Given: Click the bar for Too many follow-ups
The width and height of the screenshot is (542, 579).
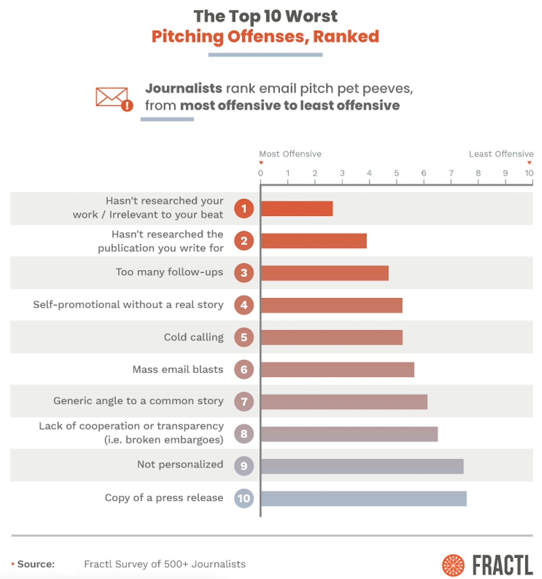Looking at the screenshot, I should click(325, 273).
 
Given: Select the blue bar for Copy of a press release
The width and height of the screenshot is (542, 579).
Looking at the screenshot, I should click(364, 499).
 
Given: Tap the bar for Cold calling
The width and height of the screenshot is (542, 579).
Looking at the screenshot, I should click(332, 337).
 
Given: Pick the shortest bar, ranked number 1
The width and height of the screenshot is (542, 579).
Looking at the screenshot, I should click(297, 209).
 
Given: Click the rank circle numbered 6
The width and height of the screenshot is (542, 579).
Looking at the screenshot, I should click(244, 370).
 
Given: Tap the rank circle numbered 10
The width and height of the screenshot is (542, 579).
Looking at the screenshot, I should click(244, 499).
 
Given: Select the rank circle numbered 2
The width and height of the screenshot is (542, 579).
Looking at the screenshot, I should click(244, 241).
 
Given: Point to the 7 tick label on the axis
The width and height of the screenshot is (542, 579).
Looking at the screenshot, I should click(451, 173).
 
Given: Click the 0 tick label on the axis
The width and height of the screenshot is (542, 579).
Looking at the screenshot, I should click(260, 173).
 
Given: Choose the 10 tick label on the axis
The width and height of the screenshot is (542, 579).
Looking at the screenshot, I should click(529, 173).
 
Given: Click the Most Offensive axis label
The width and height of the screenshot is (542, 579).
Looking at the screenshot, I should click(290, 154).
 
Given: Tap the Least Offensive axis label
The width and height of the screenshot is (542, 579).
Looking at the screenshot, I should click(501, 154).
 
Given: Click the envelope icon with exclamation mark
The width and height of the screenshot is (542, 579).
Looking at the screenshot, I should click(114, 98).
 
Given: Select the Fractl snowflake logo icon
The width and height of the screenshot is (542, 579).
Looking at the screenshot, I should click(453, 565).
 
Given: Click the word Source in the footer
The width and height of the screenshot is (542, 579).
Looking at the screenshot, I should click(36, 564).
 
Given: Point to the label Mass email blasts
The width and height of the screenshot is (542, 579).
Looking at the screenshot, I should click(178, 370).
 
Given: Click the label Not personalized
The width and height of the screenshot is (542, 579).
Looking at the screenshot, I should click(180, 464).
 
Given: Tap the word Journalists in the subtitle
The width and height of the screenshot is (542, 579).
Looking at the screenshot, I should click(183, 88).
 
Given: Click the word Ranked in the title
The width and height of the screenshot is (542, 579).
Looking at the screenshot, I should click(346, 36).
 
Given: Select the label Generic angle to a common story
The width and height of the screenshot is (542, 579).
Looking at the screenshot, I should click(138, 401).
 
